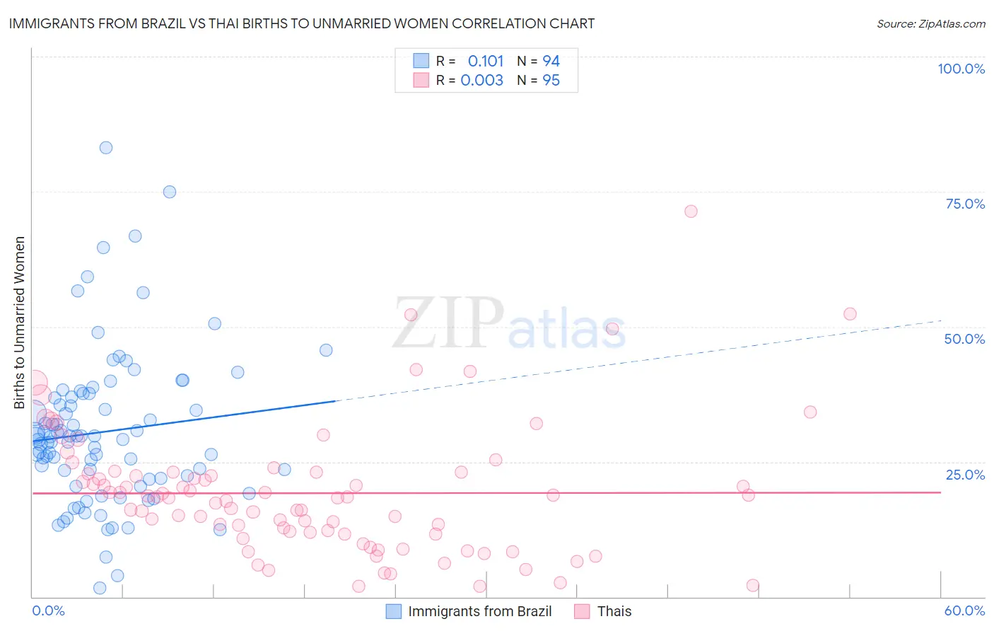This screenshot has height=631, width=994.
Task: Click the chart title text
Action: coord(302,23)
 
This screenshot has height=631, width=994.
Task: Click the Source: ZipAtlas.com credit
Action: coord(930,23)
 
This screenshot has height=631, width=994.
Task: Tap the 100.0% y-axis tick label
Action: coord(961,69)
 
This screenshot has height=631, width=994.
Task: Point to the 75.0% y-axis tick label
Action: coord(965,204)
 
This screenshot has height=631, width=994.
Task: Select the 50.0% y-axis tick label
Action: coord(964,339)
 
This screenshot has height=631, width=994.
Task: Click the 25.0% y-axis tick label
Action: coord(965,474)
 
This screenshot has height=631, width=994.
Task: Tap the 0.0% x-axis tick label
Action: coord(48,610)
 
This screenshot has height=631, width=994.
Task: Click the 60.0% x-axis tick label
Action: coord(964,610)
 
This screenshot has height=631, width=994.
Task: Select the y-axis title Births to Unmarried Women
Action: coord(20,323)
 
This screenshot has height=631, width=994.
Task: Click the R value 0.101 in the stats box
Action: coord(486,61)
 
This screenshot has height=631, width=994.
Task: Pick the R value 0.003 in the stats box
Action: coord(482,80)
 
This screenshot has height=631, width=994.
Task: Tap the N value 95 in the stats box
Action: coord(551,80)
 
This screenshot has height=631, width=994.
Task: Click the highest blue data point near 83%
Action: coord(106,148)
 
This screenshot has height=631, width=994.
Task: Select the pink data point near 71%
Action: coord(691,212)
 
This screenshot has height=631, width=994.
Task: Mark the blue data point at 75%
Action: coord(170,192)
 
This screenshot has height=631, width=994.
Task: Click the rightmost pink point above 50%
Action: coord(850,314)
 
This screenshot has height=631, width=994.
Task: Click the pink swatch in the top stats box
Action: coord(421,80)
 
